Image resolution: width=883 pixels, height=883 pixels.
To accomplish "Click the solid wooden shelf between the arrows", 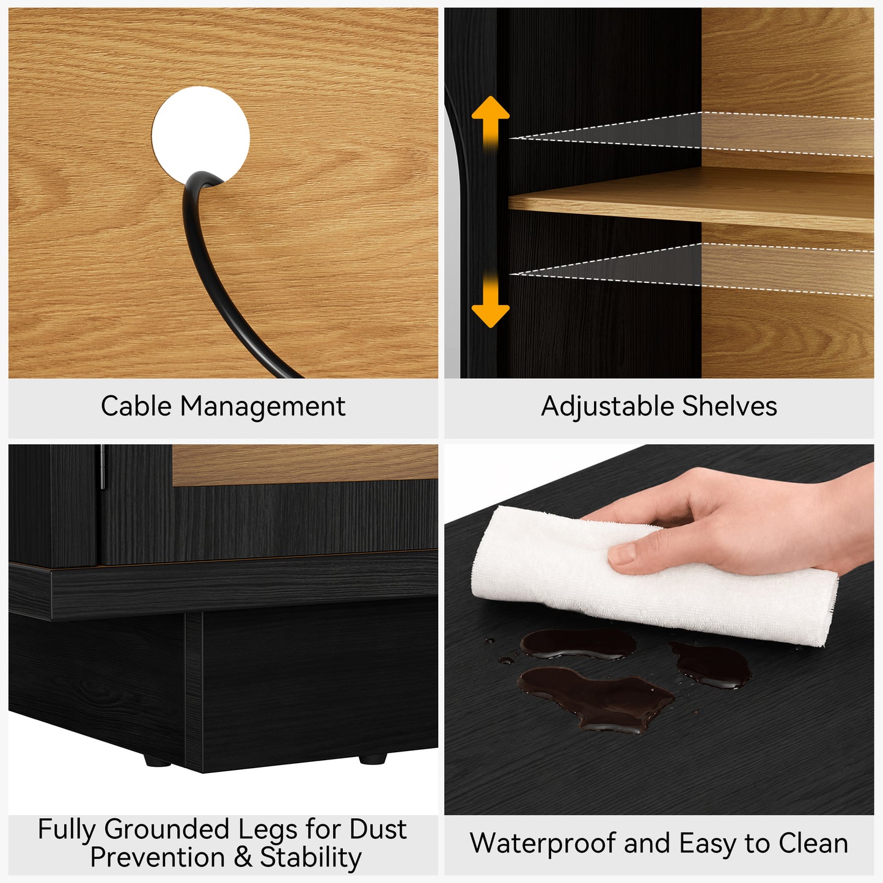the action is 691,199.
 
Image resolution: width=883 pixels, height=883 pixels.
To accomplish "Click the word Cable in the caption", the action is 136,406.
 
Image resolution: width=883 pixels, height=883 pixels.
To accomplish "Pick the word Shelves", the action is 730,406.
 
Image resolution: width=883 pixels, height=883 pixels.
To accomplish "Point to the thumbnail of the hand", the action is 622,554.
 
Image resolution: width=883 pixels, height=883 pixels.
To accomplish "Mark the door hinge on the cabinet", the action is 102,466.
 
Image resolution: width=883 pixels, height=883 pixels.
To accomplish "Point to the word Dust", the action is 378,829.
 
